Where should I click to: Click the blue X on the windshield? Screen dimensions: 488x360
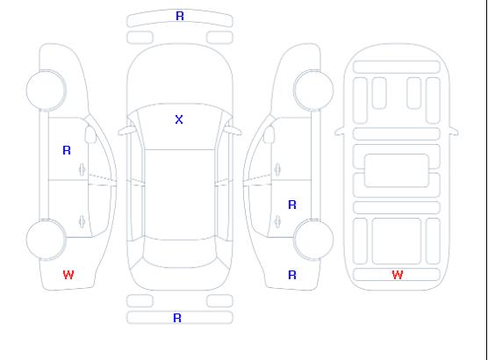(179, 119)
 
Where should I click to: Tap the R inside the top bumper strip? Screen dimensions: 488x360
(180, 16)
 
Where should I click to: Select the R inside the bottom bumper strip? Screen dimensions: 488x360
(177, 318)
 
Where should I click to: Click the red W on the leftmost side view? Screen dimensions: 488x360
(68, 275)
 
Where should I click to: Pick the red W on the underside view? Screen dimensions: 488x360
(398, 275)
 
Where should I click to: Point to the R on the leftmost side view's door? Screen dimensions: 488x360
(67, 150)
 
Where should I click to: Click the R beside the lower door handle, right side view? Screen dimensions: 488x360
(292, 205)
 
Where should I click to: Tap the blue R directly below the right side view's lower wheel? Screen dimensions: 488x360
(292, 275)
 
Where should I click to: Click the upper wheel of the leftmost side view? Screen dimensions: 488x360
(46, 90)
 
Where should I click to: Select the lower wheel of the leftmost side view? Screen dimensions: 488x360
(46, 240)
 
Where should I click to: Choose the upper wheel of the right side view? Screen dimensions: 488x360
(313, 90)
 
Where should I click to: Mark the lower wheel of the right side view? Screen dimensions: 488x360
(313, 240)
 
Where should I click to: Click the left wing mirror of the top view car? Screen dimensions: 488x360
(126, 131)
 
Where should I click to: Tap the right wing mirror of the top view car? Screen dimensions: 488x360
(233, 131)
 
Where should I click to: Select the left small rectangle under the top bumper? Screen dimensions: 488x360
(140, 38)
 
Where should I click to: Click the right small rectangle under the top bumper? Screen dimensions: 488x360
(219, 38)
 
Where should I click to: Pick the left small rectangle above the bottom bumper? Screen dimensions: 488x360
(140, 301)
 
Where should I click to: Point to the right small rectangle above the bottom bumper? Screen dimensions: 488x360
(219, 301)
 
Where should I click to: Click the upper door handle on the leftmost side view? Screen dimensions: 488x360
(83, 169)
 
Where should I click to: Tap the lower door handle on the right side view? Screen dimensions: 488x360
(277, 221)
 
